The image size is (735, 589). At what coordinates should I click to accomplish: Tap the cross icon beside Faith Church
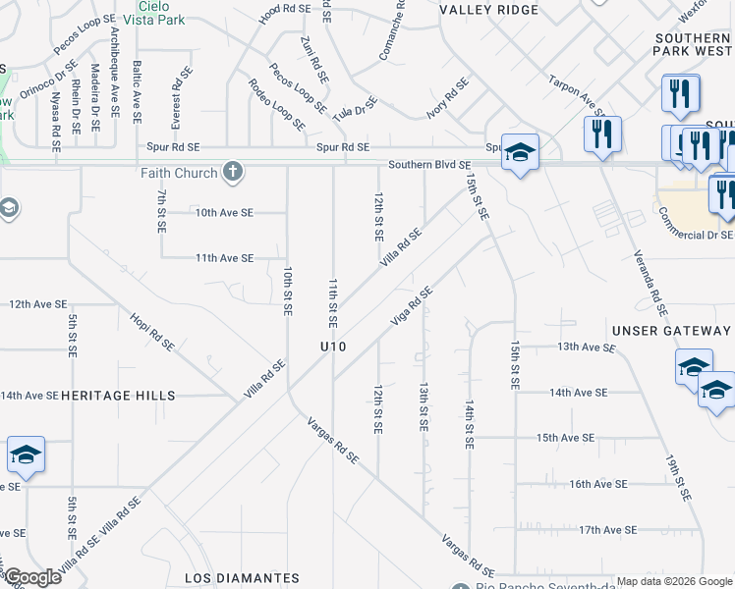(233, 173)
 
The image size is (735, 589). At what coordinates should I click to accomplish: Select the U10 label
(333, 347)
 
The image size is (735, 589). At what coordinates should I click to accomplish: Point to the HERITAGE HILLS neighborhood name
(118, 396)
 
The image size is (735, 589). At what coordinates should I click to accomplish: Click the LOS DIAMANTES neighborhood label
(242, 578)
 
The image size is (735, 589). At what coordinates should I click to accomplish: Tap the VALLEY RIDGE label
(489, 10)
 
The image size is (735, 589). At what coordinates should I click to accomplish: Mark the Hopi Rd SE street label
(152, 332)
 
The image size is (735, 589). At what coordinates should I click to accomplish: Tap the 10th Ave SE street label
(224, 212)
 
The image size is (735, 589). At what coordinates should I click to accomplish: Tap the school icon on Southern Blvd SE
(520, 153)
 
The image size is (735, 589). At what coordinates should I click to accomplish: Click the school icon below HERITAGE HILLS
(26, 455)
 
